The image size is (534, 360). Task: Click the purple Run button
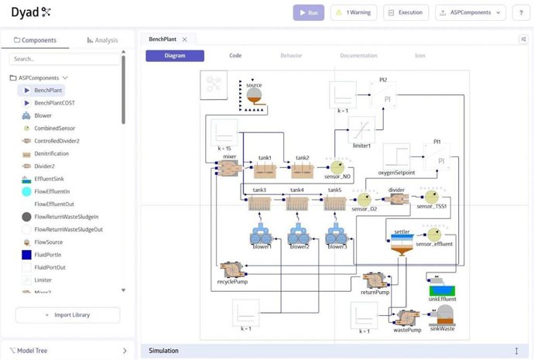coord(309,12)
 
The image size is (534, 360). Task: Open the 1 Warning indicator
coord(354,12)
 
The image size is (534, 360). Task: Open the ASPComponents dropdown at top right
coord(471,12)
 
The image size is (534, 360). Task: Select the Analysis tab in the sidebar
coord(102,39)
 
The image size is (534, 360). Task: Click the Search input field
coord(65,58)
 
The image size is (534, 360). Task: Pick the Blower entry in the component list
coord(43,115)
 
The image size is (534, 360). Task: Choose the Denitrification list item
coord(53,153)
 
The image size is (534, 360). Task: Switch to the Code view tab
coord(235,56)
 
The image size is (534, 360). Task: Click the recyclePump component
coord(232,269)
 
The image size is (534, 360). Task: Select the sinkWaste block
coord(444,315)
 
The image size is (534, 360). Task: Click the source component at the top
coord(253,97)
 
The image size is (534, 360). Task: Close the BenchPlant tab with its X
coord(184,39)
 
